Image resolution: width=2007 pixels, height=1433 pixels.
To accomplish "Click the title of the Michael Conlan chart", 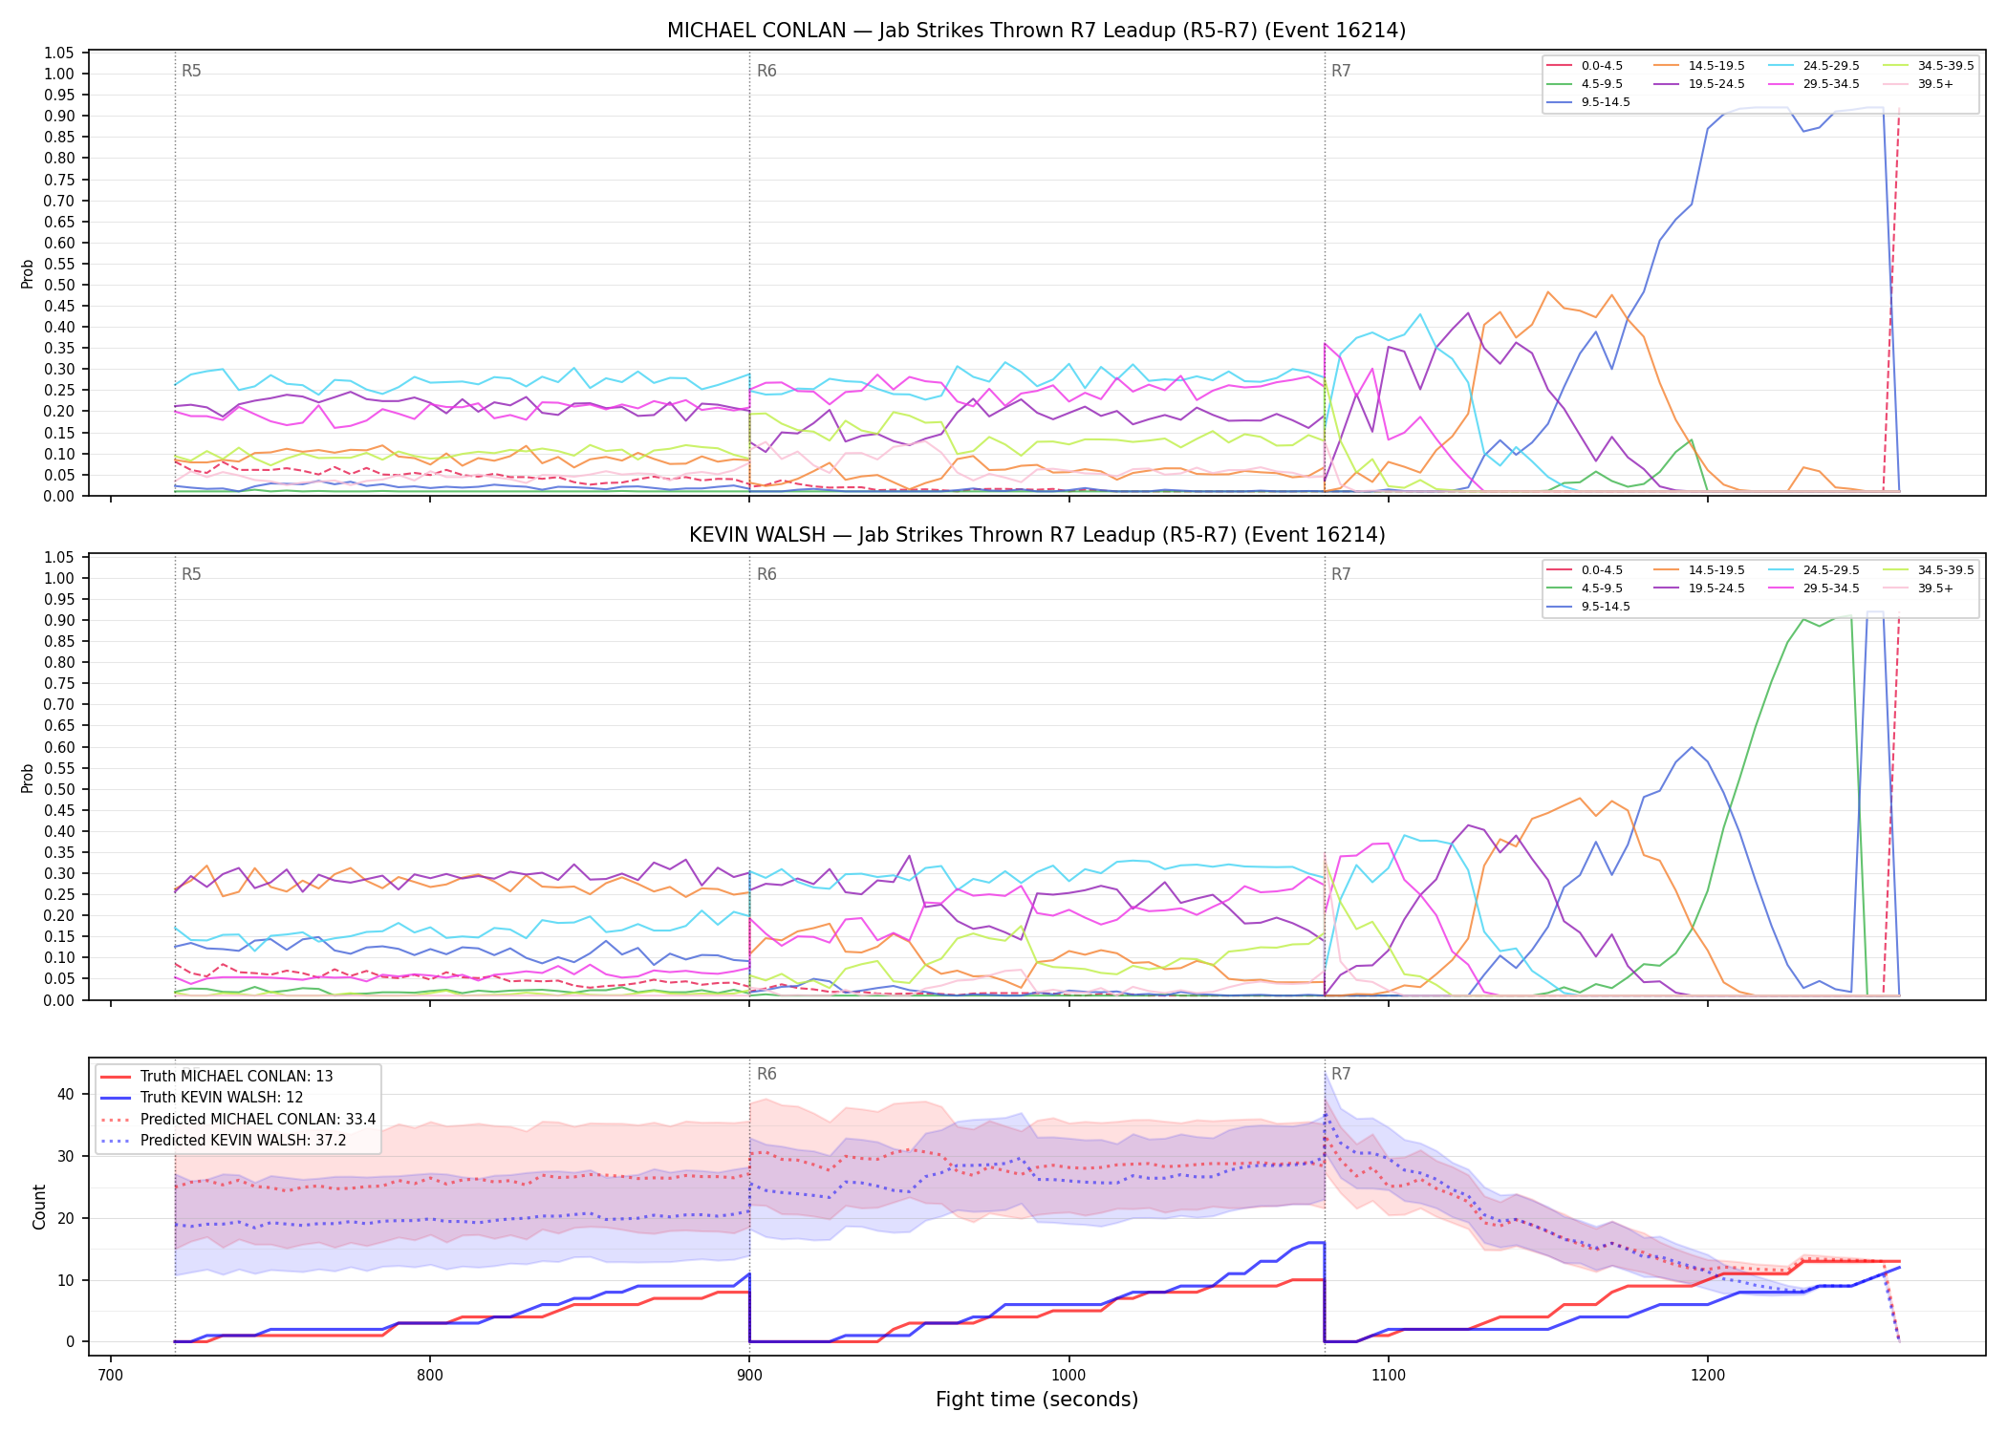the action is (1037, 31).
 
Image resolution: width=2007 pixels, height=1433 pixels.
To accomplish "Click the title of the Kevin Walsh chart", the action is (1037, 535).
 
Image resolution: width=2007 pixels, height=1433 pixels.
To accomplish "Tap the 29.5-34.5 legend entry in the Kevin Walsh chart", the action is (1814, 588).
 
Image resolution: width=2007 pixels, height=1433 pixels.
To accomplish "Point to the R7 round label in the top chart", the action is (1341, 71).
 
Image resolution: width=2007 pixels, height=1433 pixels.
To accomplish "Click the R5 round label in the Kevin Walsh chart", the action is (191, 574).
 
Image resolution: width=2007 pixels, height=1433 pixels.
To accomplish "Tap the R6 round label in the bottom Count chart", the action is (766, 1074).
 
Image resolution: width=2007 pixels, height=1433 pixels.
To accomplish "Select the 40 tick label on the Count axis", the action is (66, 1094).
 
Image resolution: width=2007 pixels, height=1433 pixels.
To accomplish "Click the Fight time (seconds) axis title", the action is (1037, 1400).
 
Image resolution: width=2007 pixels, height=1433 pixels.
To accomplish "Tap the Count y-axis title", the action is (39, 1207).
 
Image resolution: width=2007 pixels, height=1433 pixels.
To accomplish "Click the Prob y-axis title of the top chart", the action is (28, 273).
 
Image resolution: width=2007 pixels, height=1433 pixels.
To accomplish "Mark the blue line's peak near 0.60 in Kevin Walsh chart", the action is (1692, 747).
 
